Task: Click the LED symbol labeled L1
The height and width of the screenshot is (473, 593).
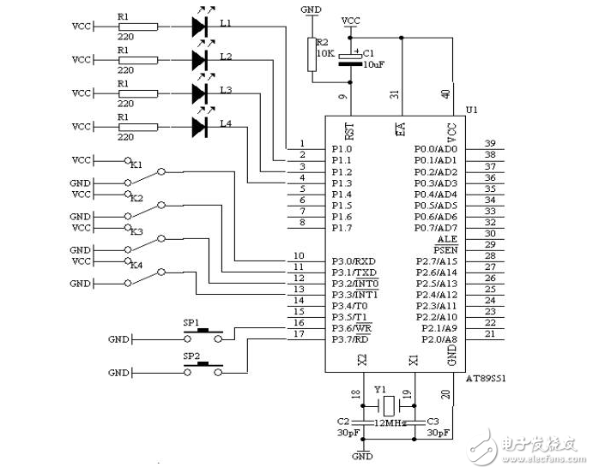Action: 200,27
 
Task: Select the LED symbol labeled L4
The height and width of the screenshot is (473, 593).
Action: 200,127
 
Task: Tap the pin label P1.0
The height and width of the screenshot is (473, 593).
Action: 342,149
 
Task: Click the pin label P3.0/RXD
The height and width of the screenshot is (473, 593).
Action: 354,260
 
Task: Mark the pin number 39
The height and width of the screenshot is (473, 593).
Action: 490,143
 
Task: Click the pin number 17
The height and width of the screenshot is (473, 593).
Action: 299,334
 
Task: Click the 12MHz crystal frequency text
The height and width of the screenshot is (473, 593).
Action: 389,422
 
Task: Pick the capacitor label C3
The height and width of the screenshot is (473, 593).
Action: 433,422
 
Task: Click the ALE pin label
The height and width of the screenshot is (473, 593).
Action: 447,239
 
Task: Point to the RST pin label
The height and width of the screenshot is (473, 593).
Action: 349,130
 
